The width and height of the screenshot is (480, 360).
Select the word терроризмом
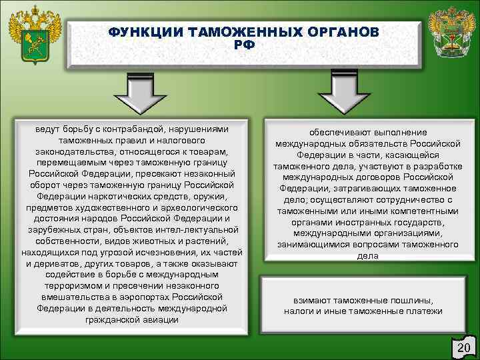coord(71,286)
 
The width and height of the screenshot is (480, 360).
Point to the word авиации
coord(161,319)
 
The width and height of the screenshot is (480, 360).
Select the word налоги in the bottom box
coord(298,311)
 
